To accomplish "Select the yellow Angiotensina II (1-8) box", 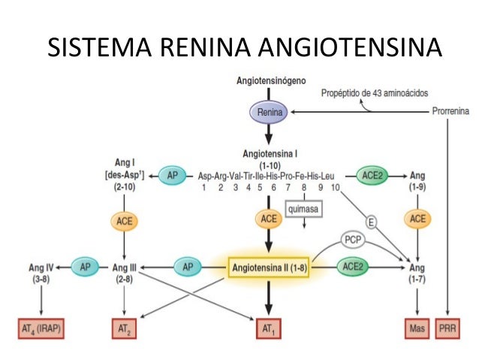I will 270,266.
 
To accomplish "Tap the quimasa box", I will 303,207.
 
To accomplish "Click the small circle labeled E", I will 370,221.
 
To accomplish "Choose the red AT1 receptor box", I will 269,328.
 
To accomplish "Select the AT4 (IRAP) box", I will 41,328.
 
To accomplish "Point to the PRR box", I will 450,328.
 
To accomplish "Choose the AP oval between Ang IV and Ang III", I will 85,266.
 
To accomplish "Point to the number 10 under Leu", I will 335,188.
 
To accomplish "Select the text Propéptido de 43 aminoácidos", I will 375,93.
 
